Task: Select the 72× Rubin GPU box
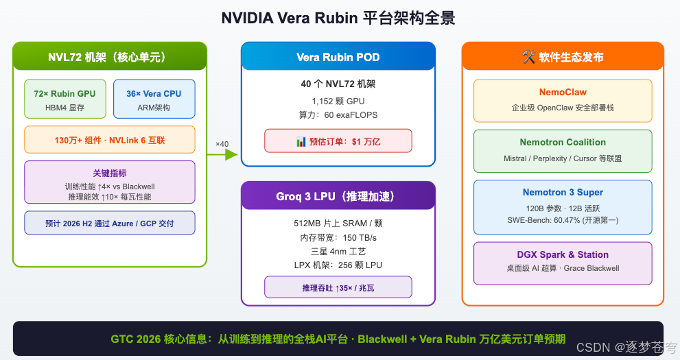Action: (65, 99)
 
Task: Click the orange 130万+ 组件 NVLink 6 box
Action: (110, 140)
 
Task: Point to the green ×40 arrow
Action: (222, 154)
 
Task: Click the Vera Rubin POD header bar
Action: (338, 57)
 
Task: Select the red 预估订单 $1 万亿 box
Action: (338, 141)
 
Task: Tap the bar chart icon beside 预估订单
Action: (301, 141)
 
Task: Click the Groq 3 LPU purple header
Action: (338, 197)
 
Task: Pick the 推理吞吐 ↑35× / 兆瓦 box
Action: (338, 287)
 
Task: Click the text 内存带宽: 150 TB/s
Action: (338, 237)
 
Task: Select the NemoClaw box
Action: (563, 100)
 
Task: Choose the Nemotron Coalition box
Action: (563, 150)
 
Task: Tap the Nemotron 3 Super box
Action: (563, 206)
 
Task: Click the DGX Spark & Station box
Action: (563, 261)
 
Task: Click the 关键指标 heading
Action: (110, 173)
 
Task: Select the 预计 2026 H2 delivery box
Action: (110, 224)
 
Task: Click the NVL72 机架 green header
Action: (110, 57)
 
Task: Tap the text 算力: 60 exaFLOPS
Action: (338, 115)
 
